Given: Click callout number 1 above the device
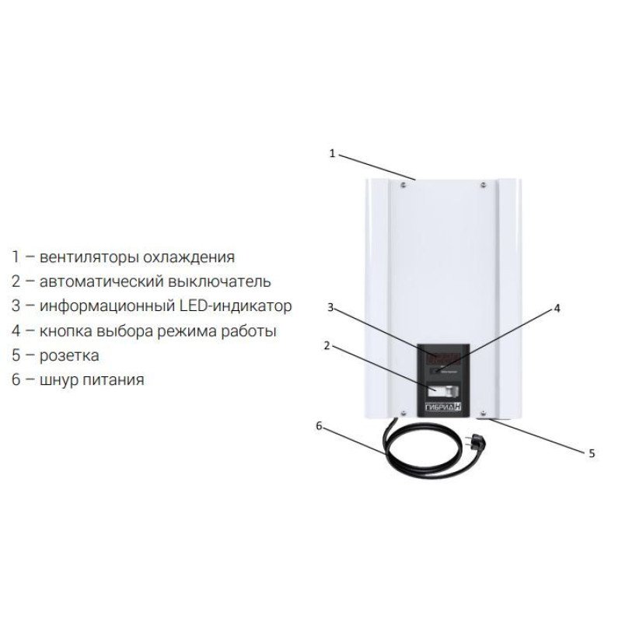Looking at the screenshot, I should pos(332,153).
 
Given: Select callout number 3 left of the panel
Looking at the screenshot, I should pos(330,308).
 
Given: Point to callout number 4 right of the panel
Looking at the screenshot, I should pos(556,308).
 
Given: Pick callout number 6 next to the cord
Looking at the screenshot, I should pos(319,425).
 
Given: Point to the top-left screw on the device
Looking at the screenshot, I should pos(403,185).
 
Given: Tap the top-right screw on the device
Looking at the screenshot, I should pos(484,184).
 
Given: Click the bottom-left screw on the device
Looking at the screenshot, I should pos(403,413).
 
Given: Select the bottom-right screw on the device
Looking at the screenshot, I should pos(484,413).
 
